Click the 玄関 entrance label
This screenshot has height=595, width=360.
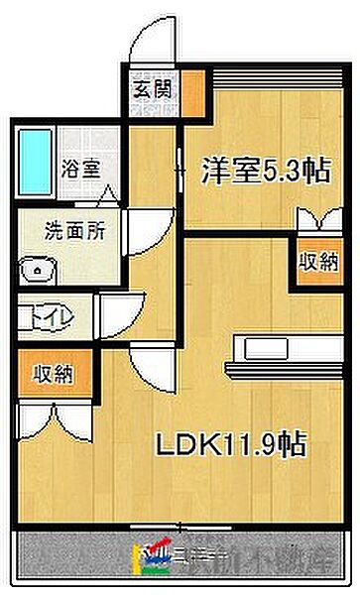pyautogui.click(x=152, y=88)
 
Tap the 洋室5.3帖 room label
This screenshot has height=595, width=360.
pyautogui.click(x=253, y=170)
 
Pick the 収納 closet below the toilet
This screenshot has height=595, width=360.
pyautogui.click(x=50, y=374)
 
